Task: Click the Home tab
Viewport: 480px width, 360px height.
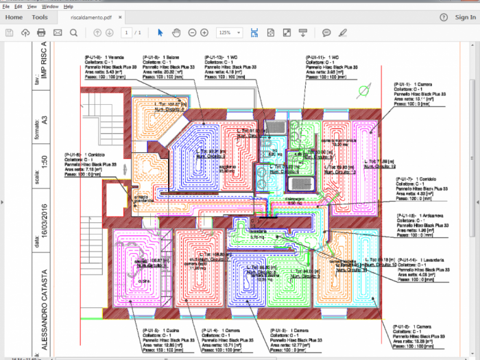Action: click(x=14, y=17)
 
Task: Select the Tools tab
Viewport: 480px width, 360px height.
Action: click(x=40, y=17)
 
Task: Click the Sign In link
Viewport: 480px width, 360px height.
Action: click(x=466, y=17)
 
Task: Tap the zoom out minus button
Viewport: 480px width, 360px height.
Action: click(x=191, y=32)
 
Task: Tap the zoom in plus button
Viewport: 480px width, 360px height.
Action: click(x=204, y=32)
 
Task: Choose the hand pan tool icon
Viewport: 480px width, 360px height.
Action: click(x=176, y=32)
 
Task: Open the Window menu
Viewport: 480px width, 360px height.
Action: click(x=49, y=6)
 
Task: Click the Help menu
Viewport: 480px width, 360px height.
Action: click(x=69, y=6)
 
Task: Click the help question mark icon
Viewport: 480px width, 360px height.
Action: click(x=444, y=17)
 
